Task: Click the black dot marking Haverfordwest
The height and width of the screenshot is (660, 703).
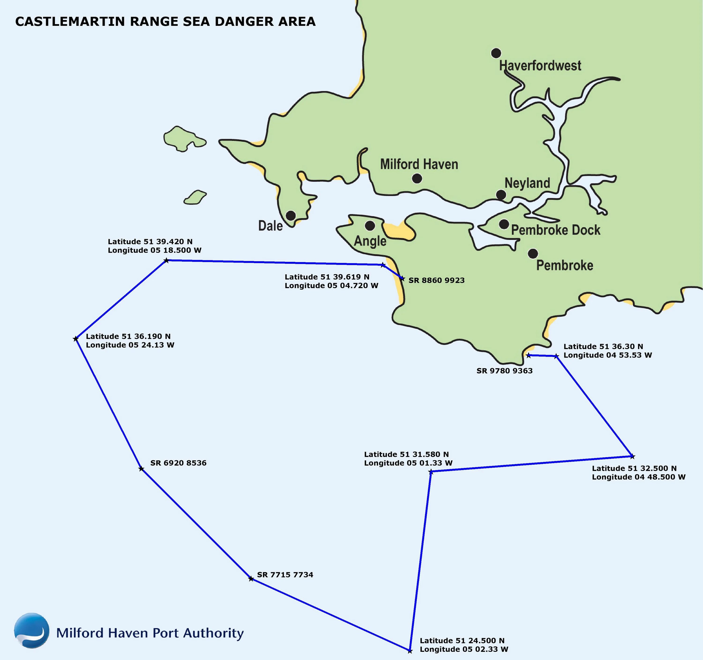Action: tap(496, 53)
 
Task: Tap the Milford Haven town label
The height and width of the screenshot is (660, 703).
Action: tap(419, 164)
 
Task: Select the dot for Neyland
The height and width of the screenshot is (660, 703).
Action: tap(501, 195)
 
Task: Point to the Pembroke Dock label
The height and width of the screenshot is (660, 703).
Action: tap(556, 230)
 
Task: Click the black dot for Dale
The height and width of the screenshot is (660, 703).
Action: tap(291, 215)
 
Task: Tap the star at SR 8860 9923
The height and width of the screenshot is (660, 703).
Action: tap(402, 279)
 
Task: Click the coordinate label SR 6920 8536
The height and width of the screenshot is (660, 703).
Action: tap(178, 463)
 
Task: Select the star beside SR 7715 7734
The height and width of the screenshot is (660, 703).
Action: tap(251, 579)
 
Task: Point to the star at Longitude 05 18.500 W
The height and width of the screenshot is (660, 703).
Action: tap(166, 261)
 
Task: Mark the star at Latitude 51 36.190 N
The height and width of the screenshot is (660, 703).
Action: tap(75, 339)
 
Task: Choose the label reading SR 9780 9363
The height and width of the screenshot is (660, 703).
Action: tap(504, 371)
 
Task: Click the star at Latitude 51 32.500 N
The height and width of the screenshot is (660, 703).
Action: tap(632, 456)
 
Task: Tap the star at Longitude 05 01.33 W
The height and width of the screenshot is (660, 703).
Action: tap(431, 471)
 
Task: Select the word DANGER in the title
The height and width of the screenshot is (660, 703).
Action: tap(244, 22)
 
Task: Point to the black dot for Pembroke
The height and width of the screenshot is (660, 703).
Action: tap(533, 253)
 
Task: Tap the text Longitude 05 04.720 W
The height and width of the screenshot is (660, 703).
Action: tap(331, 286)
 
